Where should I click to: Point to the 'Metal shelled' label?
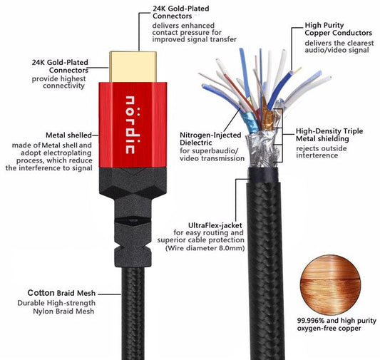66,135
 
